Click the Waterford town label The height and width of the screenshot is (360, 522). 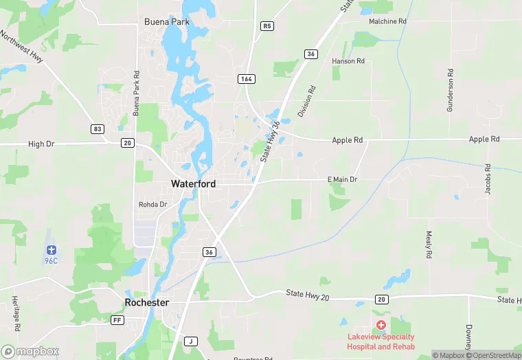coord(193,184)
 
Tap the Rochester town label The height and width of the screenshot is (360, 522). coord(147,302)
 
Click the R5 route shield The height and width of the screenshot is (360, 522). coord(267,26)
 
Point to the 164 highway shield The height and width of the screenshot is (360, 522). coord(247,79)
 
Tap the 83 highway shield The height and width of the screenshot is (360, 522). coord(98,128)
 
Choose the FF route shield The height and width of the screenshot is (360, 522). coord(118,320)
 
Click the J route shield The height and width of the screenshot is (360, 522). coord(192,341)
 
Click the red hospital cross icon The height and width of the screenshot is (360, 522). coord(381,324)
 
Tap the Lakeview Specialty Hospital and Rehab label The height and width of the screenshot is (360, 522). coord(381,341)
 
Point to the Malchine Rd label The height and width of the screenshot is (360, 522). coord(387,21)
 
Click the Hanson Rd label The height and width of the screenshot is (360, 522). coord(348,61)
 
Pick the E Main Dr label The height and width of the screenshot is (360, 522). coord(342,179)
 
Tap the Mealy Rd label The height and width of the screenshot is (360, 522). coord(428,245)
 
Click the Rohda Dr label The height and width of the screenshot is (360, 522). coord(152,205)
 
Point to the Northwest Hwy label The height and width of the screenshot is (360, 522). coord(22,48)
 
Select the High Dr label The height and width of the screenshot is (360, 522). coord(41,144)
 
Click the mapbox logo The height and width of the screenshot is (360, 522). coord(30,351)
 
